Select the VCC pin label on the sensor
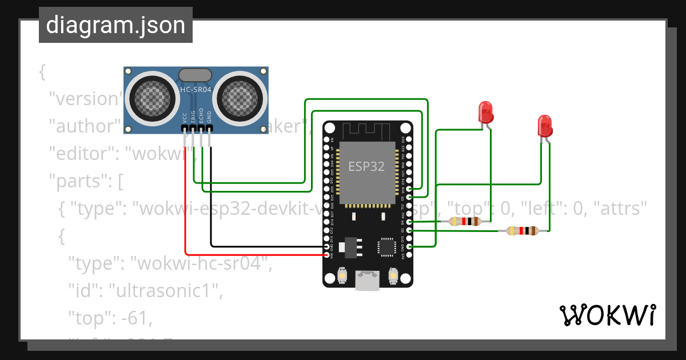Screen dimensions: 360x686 185,118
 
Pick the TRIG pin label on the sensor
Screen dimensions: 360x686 193,117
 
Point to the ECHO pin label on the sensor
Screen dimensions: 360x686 201,117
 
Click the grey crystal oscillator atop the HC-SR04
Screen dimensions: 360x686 196,75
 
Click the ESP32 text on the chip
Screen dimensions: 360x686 366,166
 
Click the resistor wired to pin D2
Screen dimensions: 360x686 523,231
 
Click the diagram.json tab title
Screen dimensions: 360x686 115,25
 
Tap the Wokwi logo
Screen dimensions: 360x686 607,315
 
